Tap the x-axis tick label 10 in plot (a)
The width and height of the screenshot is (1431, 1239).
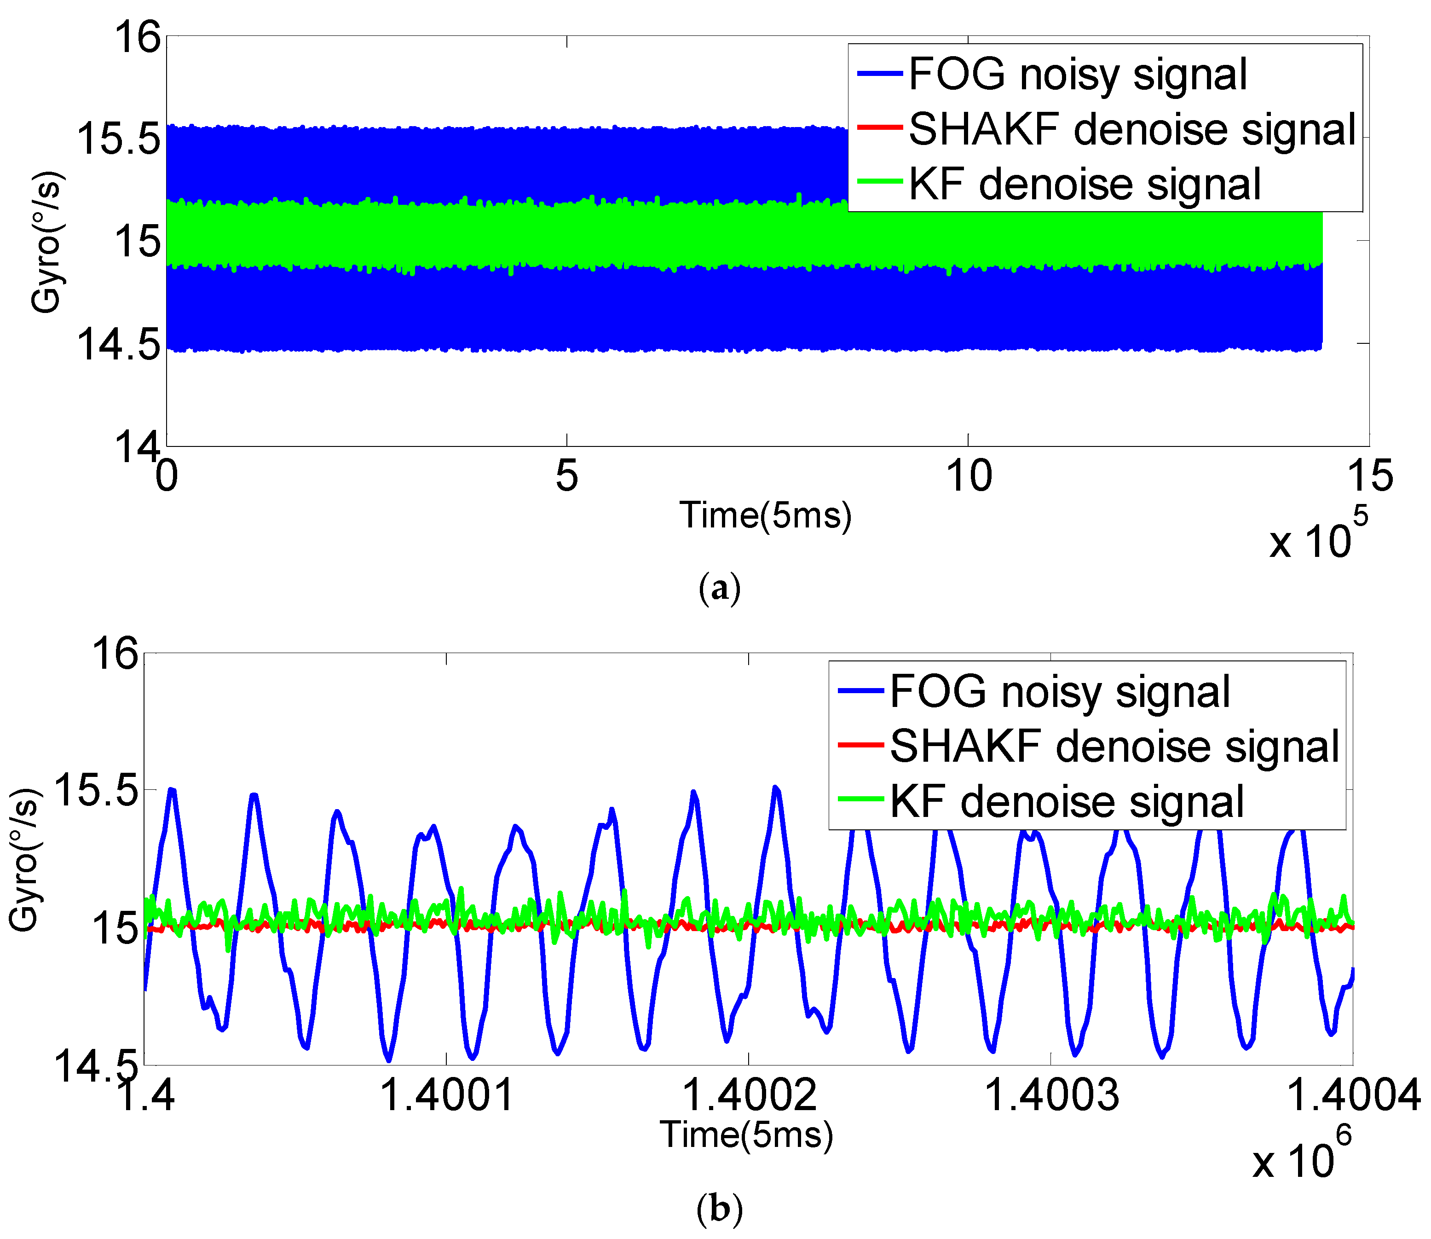(969, 476)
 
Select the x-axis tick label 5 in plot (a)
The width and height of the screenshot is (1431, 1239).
(567, 476)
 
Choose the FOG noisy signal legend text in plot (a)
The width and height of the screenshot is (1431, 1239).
(1078, 74)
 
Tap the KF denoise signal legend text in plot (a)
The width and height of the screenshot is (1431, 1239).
(1085, 184)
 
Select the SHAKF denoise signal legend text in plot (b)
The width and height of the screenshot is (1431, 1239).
(1114, 746)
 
